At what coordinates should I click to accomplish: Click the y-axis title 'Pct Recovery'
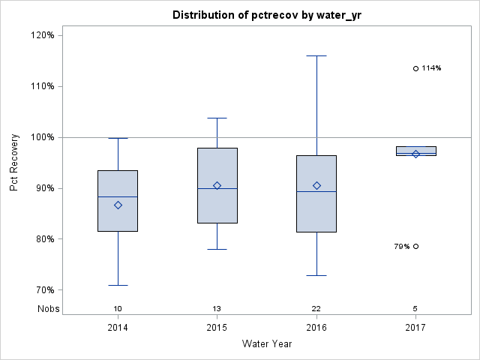click(15, 163)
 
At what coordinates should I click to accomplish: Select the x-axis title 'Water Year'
click(266, 344)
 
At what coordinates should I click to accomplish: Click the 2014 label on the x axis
click(118, 328)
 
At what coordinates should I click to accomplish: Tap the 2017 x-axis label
click(415, 328)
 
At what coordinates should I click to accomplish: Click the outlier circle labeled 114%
click(415, 68)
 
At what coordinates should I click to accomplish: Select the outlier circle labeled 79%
click(415, 246)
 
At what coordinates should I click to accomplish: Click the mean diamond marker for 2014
click(118, 205)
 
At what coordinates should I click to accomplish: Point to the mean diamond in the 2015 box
click(217, 185)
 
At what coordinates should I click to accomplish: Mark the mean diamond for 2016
click(316, 185)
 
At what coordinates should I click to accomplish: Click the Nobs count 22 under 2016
click(316, 308)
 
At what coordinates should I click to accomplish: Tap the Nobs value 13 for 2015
click(217, 308)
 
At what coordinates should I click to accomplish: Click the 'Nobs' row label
click(47, 308)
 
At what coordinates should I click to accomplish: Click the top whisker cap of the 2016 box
click(316, 55)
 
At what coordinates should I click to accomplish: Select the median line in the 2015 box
click(217, 188)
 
